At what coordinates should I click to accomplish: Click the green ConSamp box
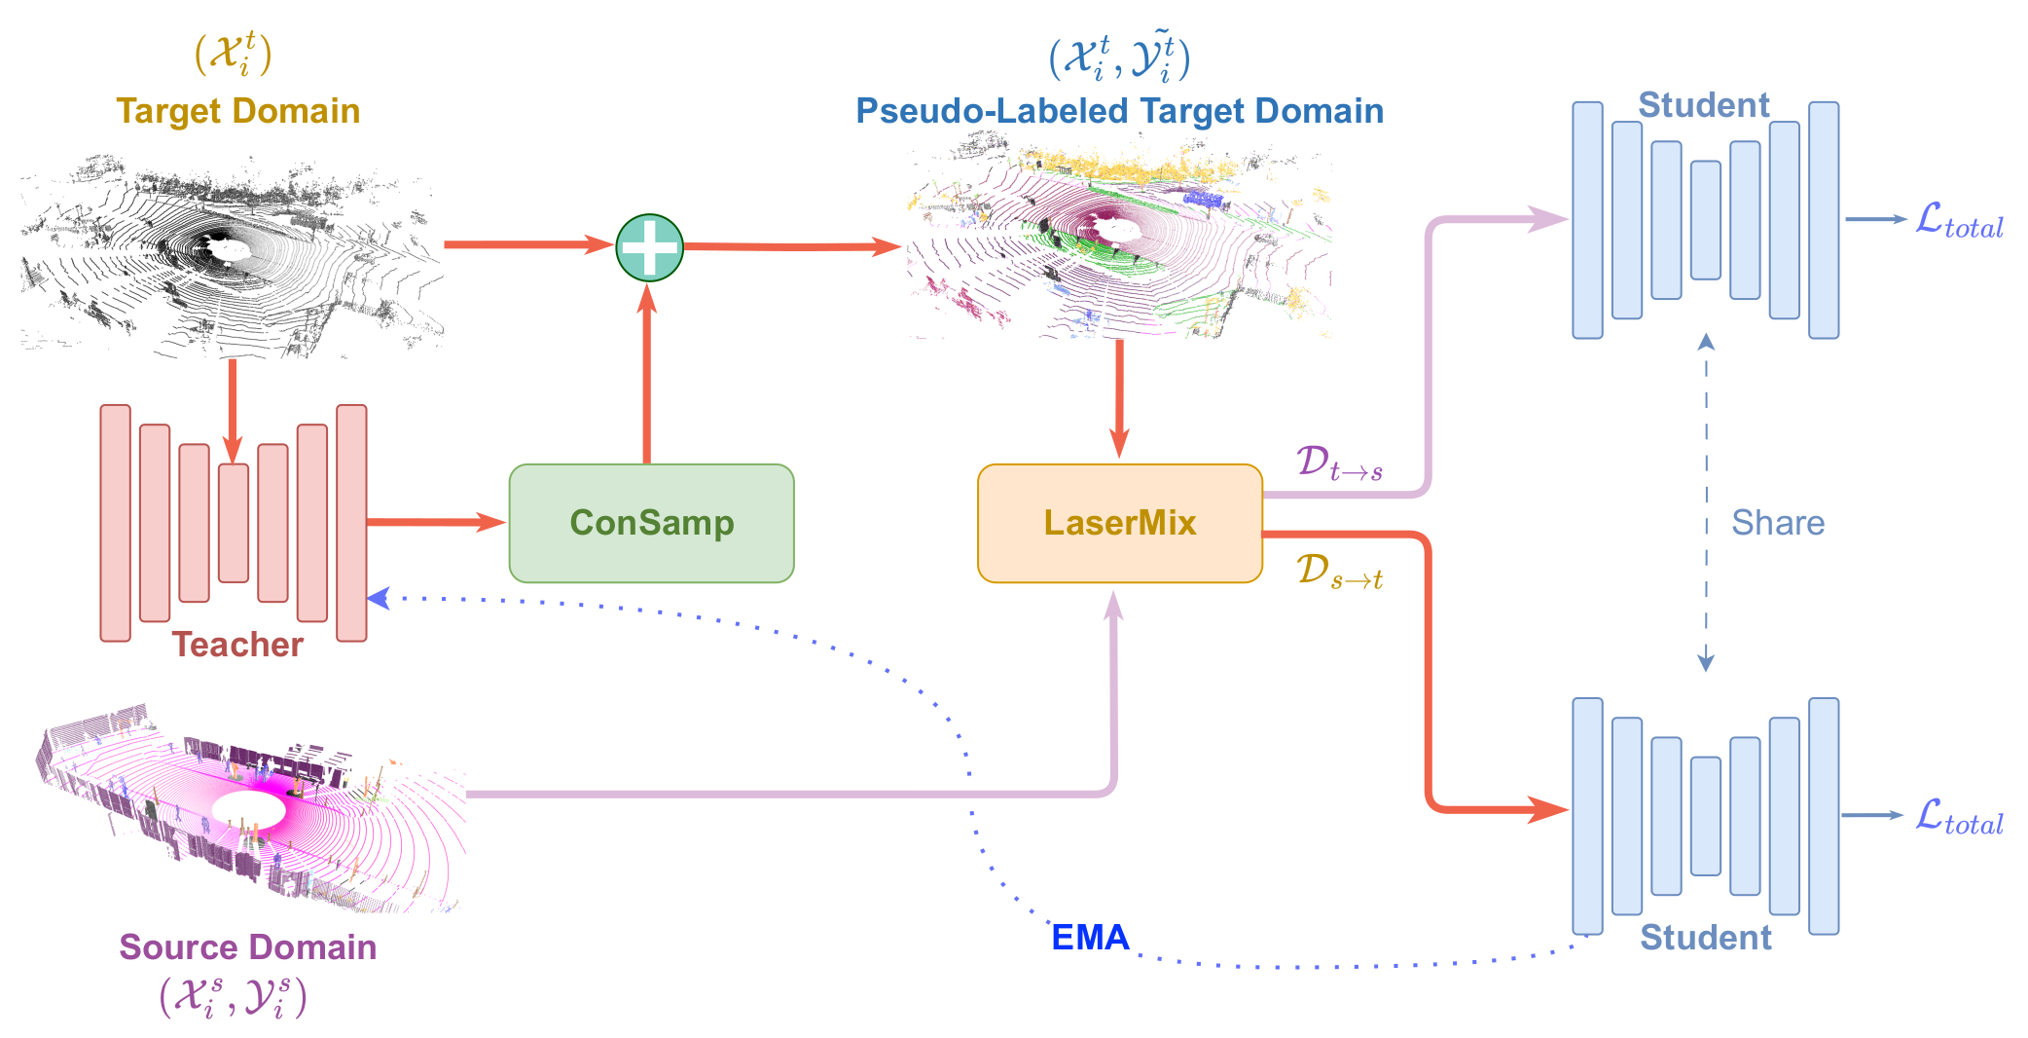[x=651, y=523]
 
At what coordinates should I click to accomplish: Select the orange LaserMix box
[x=1119, y=523]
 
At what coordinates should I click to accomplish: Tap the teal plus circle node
[x=649, y=247]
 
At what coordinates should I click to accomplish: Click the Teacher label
[x=237, y=645]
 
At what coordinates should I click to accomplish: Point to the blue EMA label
[x=1090, y=937]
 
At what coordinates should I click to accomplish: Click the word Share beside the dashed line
[x=1777, y=523]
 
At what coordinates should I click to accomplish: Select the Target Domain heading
[x=238, y=111]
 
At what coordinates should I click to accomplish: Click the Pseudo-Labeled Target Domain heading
[x=1119, y=111]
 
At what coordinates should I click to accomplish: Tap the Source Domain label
[x=247, y=946]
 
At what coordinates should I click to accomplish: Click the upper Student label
[x=1703, y=105]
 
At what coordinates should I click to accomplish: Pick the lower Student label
[x=1705, y=937]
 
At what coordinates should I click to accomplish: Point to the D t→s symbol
[x=1339, y=463]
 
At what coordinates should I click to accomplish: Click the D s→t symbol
[x=1339, y=572]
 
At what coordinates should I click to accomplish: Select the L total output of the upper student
[x=1958, y=221]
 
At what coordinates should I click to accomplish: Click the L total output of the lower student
[x=1958, y=817]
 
